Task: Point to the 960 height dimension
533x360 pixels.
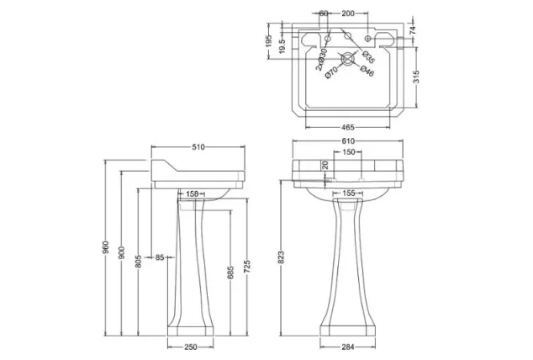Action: point(106,250)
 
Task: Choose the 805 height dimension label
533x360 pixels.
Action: point(140,262)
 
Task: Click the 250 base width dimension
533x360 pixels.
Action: point(192,348)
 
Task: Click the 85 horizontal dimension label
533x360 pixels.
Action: point(159,257)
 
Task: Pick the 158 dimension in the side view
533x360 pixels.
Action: point(192,194)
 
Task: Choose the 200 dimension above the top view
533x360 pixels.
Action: point(346,14)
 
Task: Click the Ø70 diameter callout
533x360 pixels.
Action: point(333,73)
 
